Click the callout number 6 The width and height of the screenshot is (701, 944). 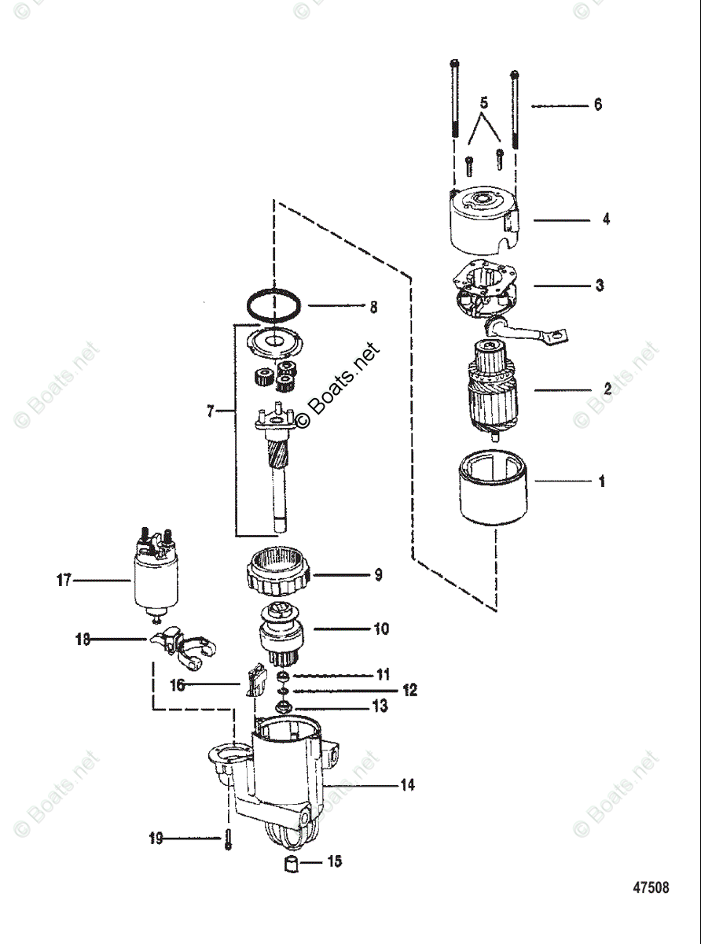pyautogui.click(x=598, y=105)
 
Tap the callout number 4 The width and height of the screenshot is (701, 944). pyautogui.click(x=606, y=219)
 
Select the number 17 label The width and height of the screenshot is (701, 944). pyautogui.click(x=64, y=581)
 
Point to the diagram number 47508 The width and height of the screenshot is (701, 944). pyautogui.click(x=651, y=887)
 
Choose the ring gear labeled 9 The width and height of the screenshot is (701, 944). pyautogui.click(x=281, y=574)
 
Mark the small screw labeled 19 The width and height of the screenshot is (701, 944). pyautogui.click(x=227, y=839)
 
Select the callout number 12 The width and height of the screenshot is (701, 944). pyautogui.click(x=410, y=691)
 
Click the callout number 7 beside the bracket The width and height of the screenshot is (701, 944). pyautogui.click(x=210, y=411)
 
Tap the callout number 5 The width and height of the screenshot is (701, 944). pyautogui.click(x=484, y=103)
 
